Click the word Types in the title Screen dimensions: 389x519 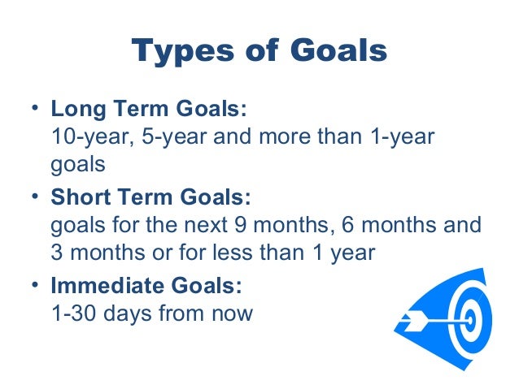pyautogui.click(x=180, y=52)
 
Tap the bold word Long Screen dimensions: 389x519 pyautogui.click(x=75, y=110)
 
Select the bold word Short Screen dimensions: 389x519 pyautogui.click(x=79, y=198)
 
